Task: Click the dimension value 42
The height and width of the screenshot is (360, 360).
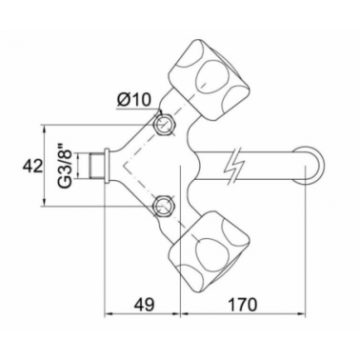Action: click(x=32, y=167)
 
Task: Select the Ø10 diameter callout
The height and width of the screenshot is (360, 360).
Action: click(x=134, y=101)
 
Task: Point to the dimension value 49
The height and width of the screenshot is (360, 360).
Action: click(x=144, y=304)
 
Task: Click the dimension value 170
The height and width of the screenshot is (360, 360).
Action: click(x=242, y=304)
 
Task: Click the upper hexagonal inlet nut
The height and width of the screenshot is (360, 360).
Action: click(x=165, y=124)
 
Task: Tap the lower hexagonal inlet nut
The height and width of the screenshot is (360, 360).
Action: click(x=164, y=206)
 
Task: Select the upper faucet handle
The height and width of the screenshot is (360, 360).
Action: click(x=208, y=80)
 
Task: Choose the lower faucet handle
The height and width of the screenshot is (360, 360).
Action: click(x=208, y=249)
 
